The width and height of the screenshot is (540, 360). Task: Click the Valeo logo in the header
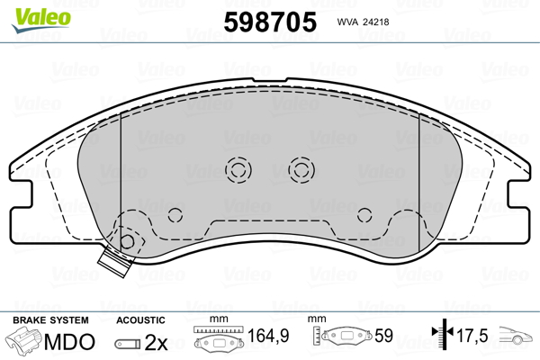(x=41, y=20)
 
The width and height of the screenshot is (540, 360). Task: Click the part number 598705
(x=270, y=22)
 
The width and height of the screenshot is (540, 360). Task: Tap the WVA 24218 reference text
(x=363, y=22)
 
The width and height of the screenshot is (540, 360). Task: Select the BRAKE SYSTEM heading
(x=50, y=320)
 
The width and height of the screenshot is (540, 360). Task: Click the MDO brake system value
(x=69, y=342)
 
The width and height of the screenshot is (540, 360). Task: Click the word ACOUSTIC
(x=140, y=320)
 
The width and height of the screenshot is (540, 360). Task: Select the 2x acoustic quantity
(x=156, y=342)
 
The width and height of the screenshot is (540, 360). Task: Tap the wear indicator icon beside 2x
(x=128, y=344)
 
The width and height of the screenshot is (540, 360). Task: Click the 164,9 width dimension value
(x=268, y=336)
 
